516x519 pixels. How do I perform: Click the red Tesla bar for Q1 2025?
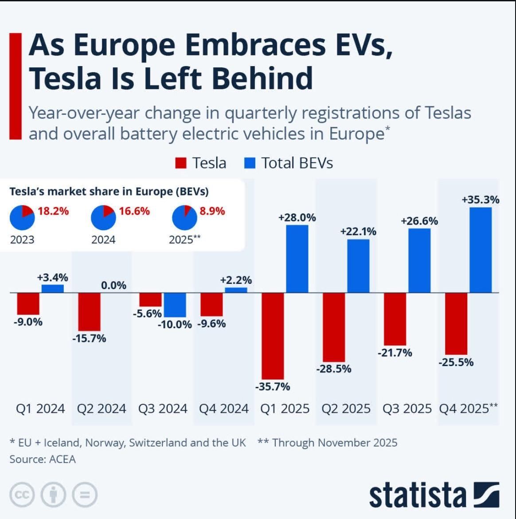pyautogui.click(x=273, y=335)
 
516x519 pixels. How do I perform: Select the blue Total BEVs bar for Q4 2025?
pyautogui.click(x=481, y=250)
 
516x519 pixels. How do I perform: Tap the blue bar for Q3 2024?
pyautogui.click(x=175, y=305)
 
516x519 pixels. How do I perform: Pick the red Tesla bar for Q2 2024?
pyautogui.click(x=89, y=311)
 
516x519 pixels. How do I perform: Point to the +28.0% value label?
pyautogui.click(x=297, y=218)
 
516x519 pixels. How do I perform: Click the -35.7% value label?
pyautogui.click(x=273, y=387)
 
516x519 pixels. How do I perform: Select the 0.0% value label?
pyautogui.click(x=113, y=285)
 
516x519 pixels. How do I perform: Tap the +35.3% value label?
pyautogui.click(x=481, y=200)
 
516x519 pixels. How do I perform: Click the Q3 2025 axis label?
pyautogui.click(x=407, y=409)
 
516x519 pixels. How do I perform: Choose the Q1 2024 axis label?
pyautogui.click(x=40, y=409)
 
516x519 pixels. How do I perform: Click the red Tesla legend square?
pyautogui.click(x=181, y=163)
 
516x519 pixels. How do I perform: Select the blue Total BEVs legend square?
pyautogui.click(x=250, y=163)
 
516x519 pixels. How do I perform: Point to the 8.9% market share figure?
pyautogui.click(x=212, y=211)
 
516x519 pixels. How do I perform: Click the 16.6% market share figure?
pyautogui.click(x=134, y=211)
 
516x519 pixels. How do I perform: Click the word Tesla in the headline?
pyautogui.click(x=61, y=78)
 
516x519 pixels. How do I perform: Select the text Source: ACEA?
pyautogui.click(x=43, y=459)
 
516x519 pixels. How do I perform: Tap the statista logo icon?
pyautogui.click(x=486, y=494)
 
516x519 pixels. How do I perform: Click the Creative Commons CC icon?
pyautogui.click(x=21, y=495)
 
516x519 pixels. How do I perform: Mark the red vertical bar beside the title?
pyautogui.click(x=16, y=86)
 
